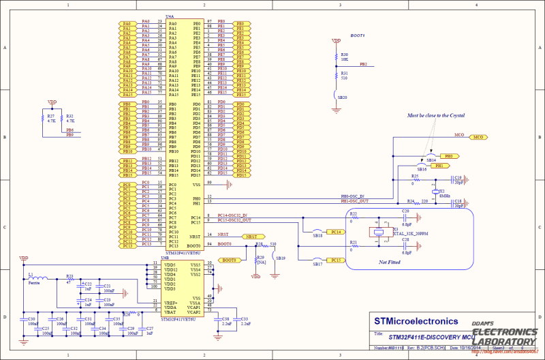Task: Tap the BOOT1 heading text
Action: click(x=357, y=35)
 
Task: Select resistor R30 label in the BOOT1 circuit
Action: click(x=345, y=55)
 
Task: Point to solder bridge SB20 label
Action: click(x=343, y=97)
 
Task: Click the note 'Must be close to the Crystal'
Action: click(x=436, y=116)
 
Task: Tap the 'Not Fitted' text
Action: click(x=389, y=262)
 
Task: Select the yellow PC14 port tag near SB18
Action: click(x=335, y=232)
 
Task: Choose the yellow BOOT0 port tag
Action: click(x=230, y=260)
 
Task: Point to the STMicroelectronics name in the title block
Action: click(x=416, y=320)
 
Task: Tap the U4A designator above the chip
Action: click(x=170, y=16)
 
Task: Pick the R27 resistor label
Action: click(x=51, y=117)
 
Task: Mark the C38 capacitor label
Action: click(x=225, y=318)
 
